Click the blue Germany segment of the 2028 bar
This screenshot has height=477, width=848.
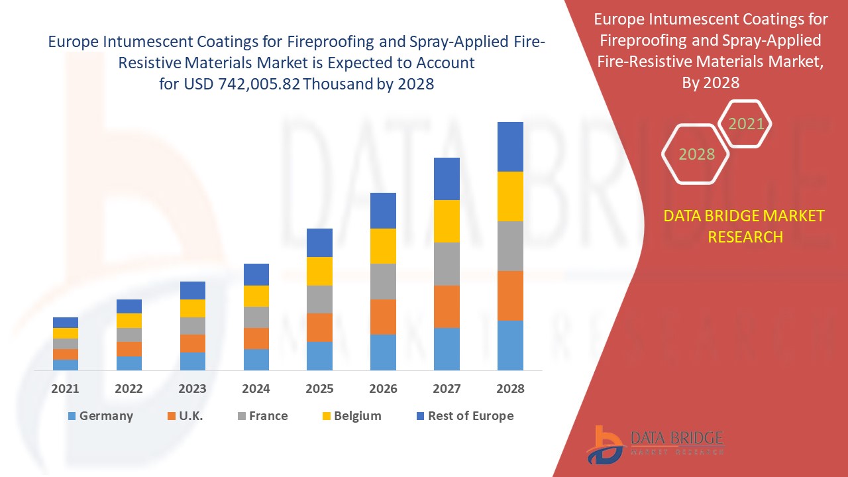click(x=510, y=345)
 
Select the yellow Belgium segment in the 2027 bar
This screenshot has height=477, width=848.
click(x=447, y=221)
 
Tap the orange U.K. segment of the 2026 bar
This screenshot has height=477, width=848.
click(x=383, y=317)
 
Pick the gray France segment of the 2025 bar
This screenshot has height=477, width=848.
click(x=319, y=299)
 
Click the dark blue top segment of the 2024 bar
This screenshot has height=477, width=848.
click(x=256, y=274)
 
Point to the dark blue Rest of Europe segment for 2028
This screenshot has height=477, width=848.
click(x=510, y=146)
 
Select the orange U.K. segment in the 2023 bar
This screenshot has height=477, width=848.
click(x=193, y=343)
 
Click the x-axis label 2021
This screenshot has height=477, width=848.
click(x=65, y=389)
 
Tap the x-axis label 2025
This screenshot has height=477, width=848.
click(x=319, y=389)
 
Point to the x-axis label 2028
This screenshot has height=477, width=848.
click(x=510, y=389)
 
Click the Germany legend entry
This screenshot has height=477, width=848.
click(x=100, y=416)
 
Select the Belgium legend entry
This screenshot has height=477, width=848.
click(x=350, y=416)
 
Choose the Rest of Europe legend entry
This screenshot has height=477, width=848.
click(x=464, y=416)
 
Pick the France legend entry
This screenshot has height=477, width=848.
click(x=262, y=416)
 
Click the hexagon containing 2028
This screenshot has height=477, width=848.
click(x=696, y=154)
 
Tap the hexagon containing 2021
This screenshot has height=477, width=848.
click(x=746, y=124)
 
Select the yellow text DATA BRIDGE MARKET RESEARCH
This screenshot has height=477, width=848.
click(x=745, y=226)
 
